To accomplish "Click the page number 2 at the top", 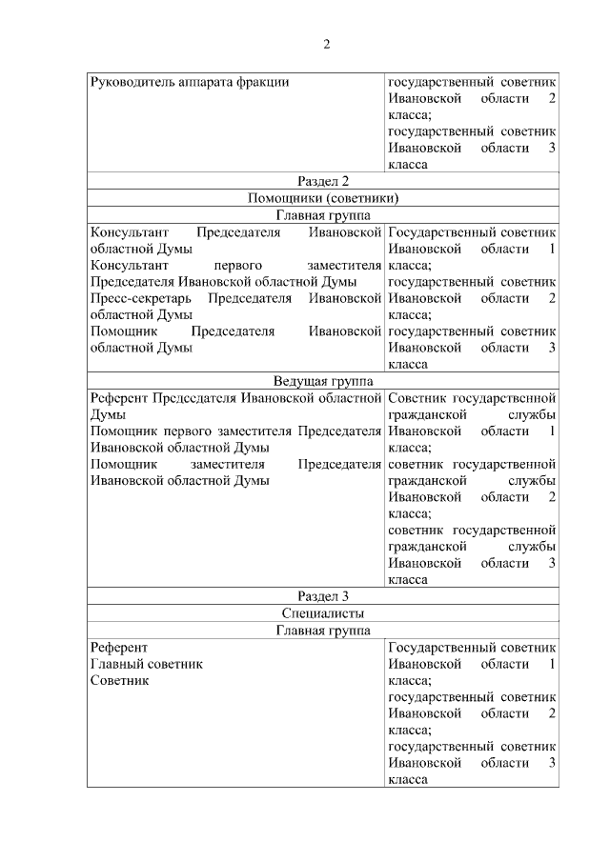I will pos(325,44).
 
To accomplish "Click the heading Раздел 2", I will pos(322,181).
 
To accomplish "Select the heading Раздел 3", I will pos(322,596).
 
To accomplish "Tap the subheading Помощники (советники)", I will pos(322,198).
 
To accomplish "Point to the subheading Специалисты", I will pos(322,613).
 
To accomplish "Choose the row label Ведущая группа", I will pos(322,381).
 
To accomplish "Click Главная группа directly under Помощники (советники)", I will pos(322,215).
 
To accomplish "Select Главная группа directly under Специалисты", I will pos(322,631).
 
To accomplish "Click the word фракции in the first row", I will pos(264,81).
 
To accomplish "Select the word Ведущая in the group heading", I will pos(299,381).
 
